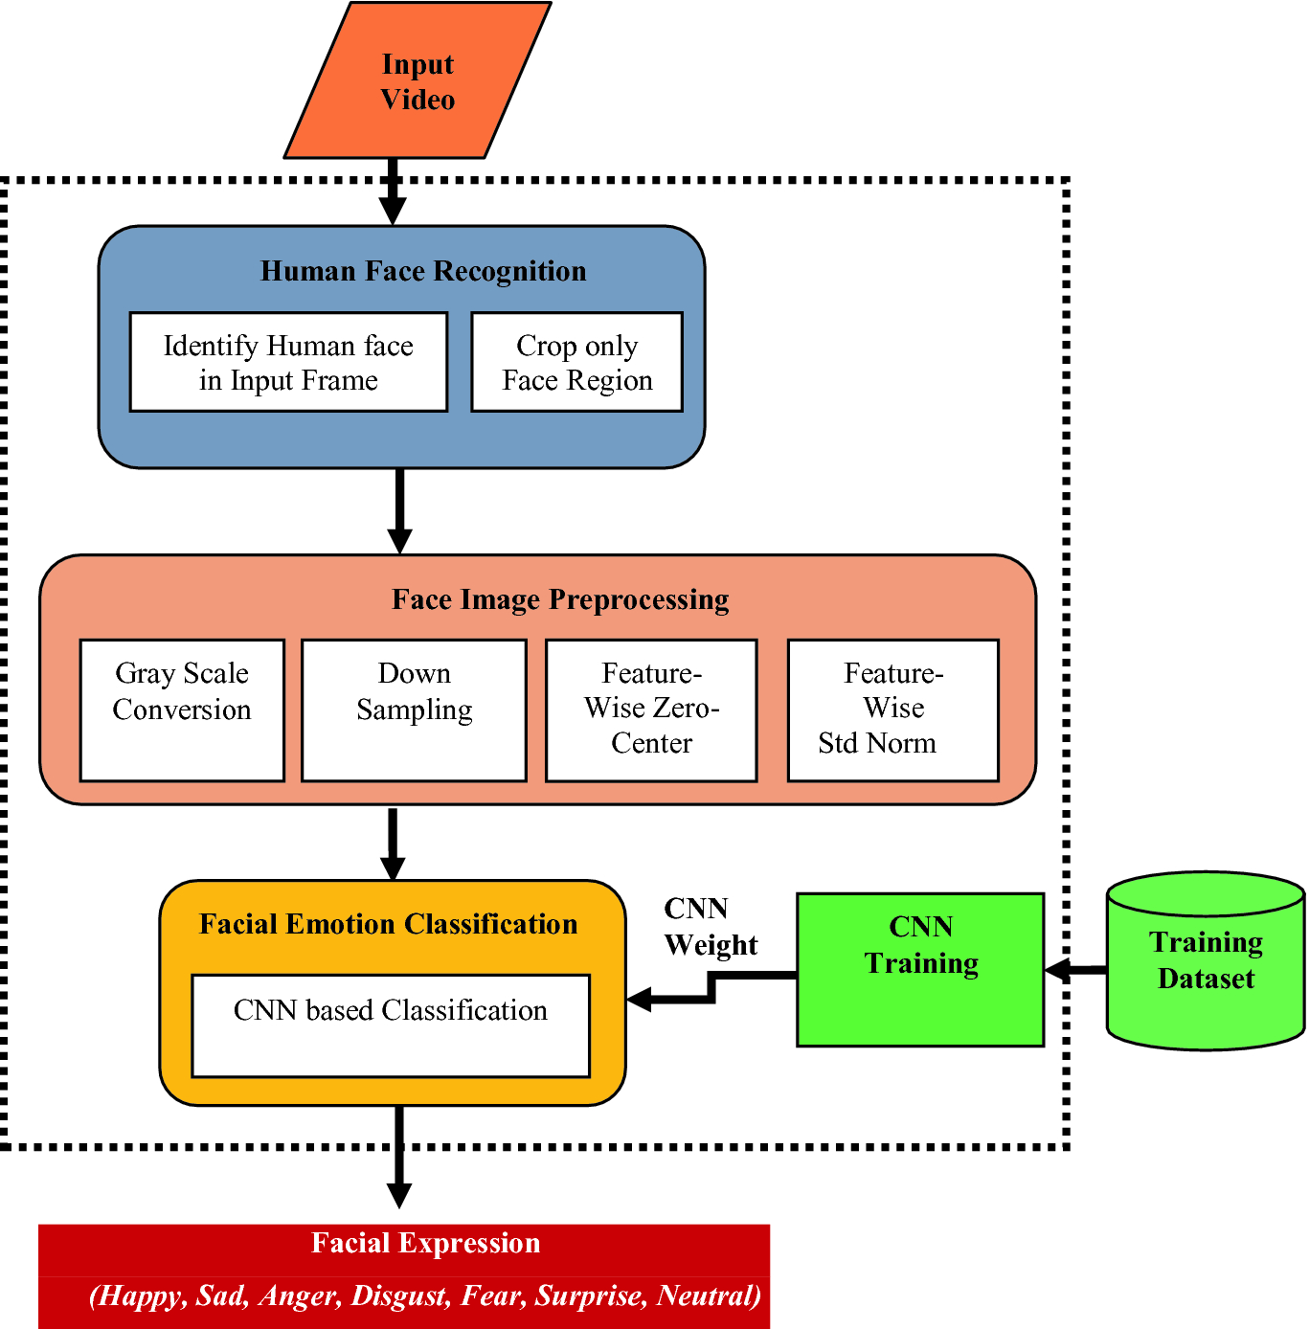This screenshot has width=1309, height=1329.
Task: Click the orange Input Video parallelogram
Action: pyautogui.click(x=418, y=81)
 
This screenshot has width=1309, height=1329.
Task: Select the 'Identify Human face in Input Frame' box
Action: pyautogui.click(x=288, y=362)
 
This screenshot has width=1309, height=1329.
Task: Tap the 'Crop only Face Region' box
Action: pyautogui.click(x=576, y=362)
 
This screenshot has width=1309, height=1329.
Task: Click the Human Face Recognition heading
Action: pyautogui.click(x=423, y=271)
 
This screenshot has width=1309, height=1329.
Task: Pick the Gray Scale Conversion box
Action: pyautogui.click(x=182, y=710)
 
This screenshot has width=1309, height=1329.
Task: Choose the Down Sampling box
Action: pyautogui.click(x=414, y=710)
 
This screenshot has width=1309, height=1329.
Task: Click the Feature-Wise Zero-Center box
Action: pyautogui.click(x=651, y=710)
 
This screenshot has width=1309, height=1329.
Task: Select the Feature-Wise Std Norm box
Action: pyautogui.click(x=892, y=710)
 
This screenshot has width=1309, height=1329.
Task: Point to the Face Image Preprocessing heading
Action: pyautogui.click(x=560, y=599)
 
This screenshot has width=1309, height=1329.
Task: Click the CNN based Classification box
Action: pyautogui.click(x=391, y=1025)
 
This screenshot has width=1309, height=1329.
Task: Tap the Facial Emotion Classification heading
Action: pyautogui.click(x=388, y=924)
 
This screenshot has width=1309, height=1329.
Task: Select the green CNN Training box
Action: pyautogui.click(x=920, y=969)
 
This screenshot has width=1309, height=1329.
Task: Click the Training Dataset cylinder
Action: pyautogui.click(x=1206, y=961)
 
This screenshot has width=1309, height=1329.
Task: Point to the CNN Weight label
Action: pyautogui.click(x=710, y=927)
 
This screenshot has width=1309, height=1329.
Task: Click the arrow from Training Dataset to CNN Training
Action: pyautogui.click(x=1075, y=970)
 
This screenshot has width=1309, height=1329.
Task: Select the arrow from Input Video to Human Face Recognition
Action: pyautogui.click(x=393, y=191)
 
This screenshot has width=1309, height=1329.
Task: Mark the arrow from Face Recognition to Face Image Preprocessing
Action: pyautogui.click(x=399, y=510)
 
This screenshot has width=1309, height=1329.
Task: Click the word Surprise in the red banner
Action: pyautogui.click(x=589, y=1295)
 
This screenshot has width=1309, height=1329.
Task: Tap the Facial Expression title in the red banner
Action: pyautogui.click(x=425, y=1243)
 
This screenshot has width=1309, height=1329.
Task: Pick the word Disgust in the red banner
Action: pyautogui.click(x=399, y=1295)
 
